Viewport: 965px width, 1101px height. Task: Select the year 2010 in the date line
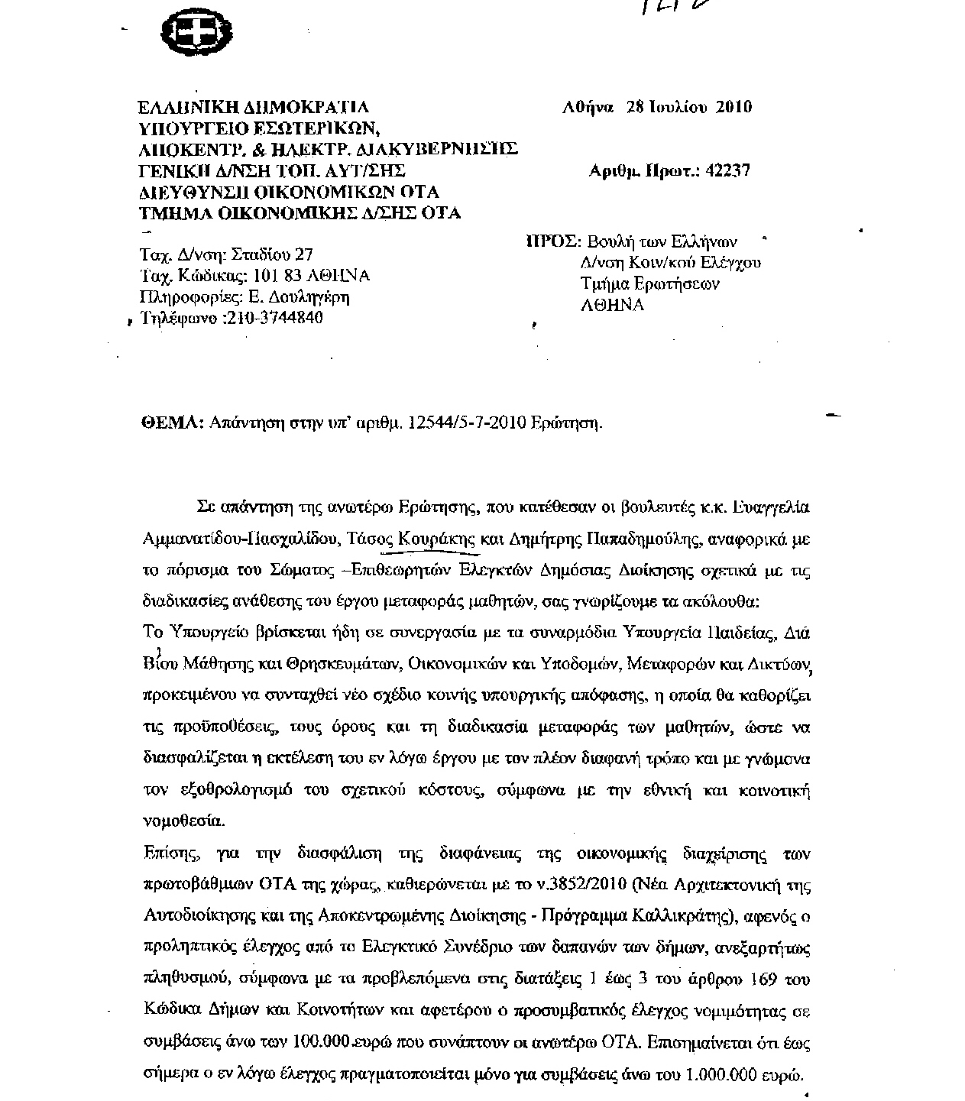click(x=733, y=107)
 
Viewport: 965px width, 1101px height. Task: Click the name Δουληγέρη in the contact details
click(x=316, y=296)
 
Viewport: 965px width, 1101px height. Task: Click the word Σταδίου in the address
click(x=267, y=254)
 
